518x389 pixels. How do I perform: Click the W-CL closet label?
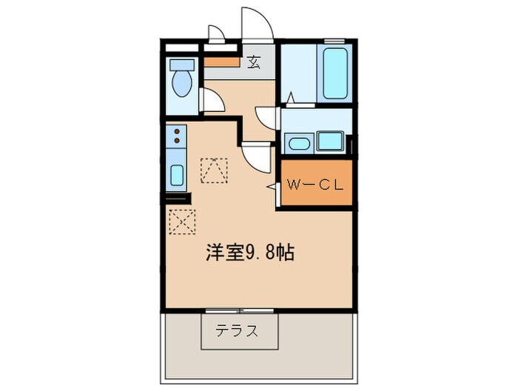(315, 185)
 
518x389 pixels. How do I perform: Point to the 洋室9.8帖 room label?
(250, 253)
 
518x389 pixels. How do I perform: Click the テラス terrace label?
(238, 331)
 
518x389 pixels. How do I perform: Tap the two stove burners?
(178, 135)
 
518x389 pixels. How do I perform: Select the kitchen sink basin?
(178, 175)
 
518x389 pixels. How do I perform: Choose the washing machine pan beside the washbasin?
(331, 141)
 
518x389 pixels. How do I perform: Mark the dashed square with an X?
(181, 221)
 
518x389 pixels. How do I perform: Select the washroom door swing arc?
(266, 119)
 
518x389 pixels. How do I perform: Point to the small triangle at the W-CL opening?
(271, 187)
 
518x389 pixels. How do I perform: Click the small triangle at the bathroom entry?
(291, 97)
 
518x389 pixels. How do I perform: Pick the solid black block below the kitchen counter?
(178, 198)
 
